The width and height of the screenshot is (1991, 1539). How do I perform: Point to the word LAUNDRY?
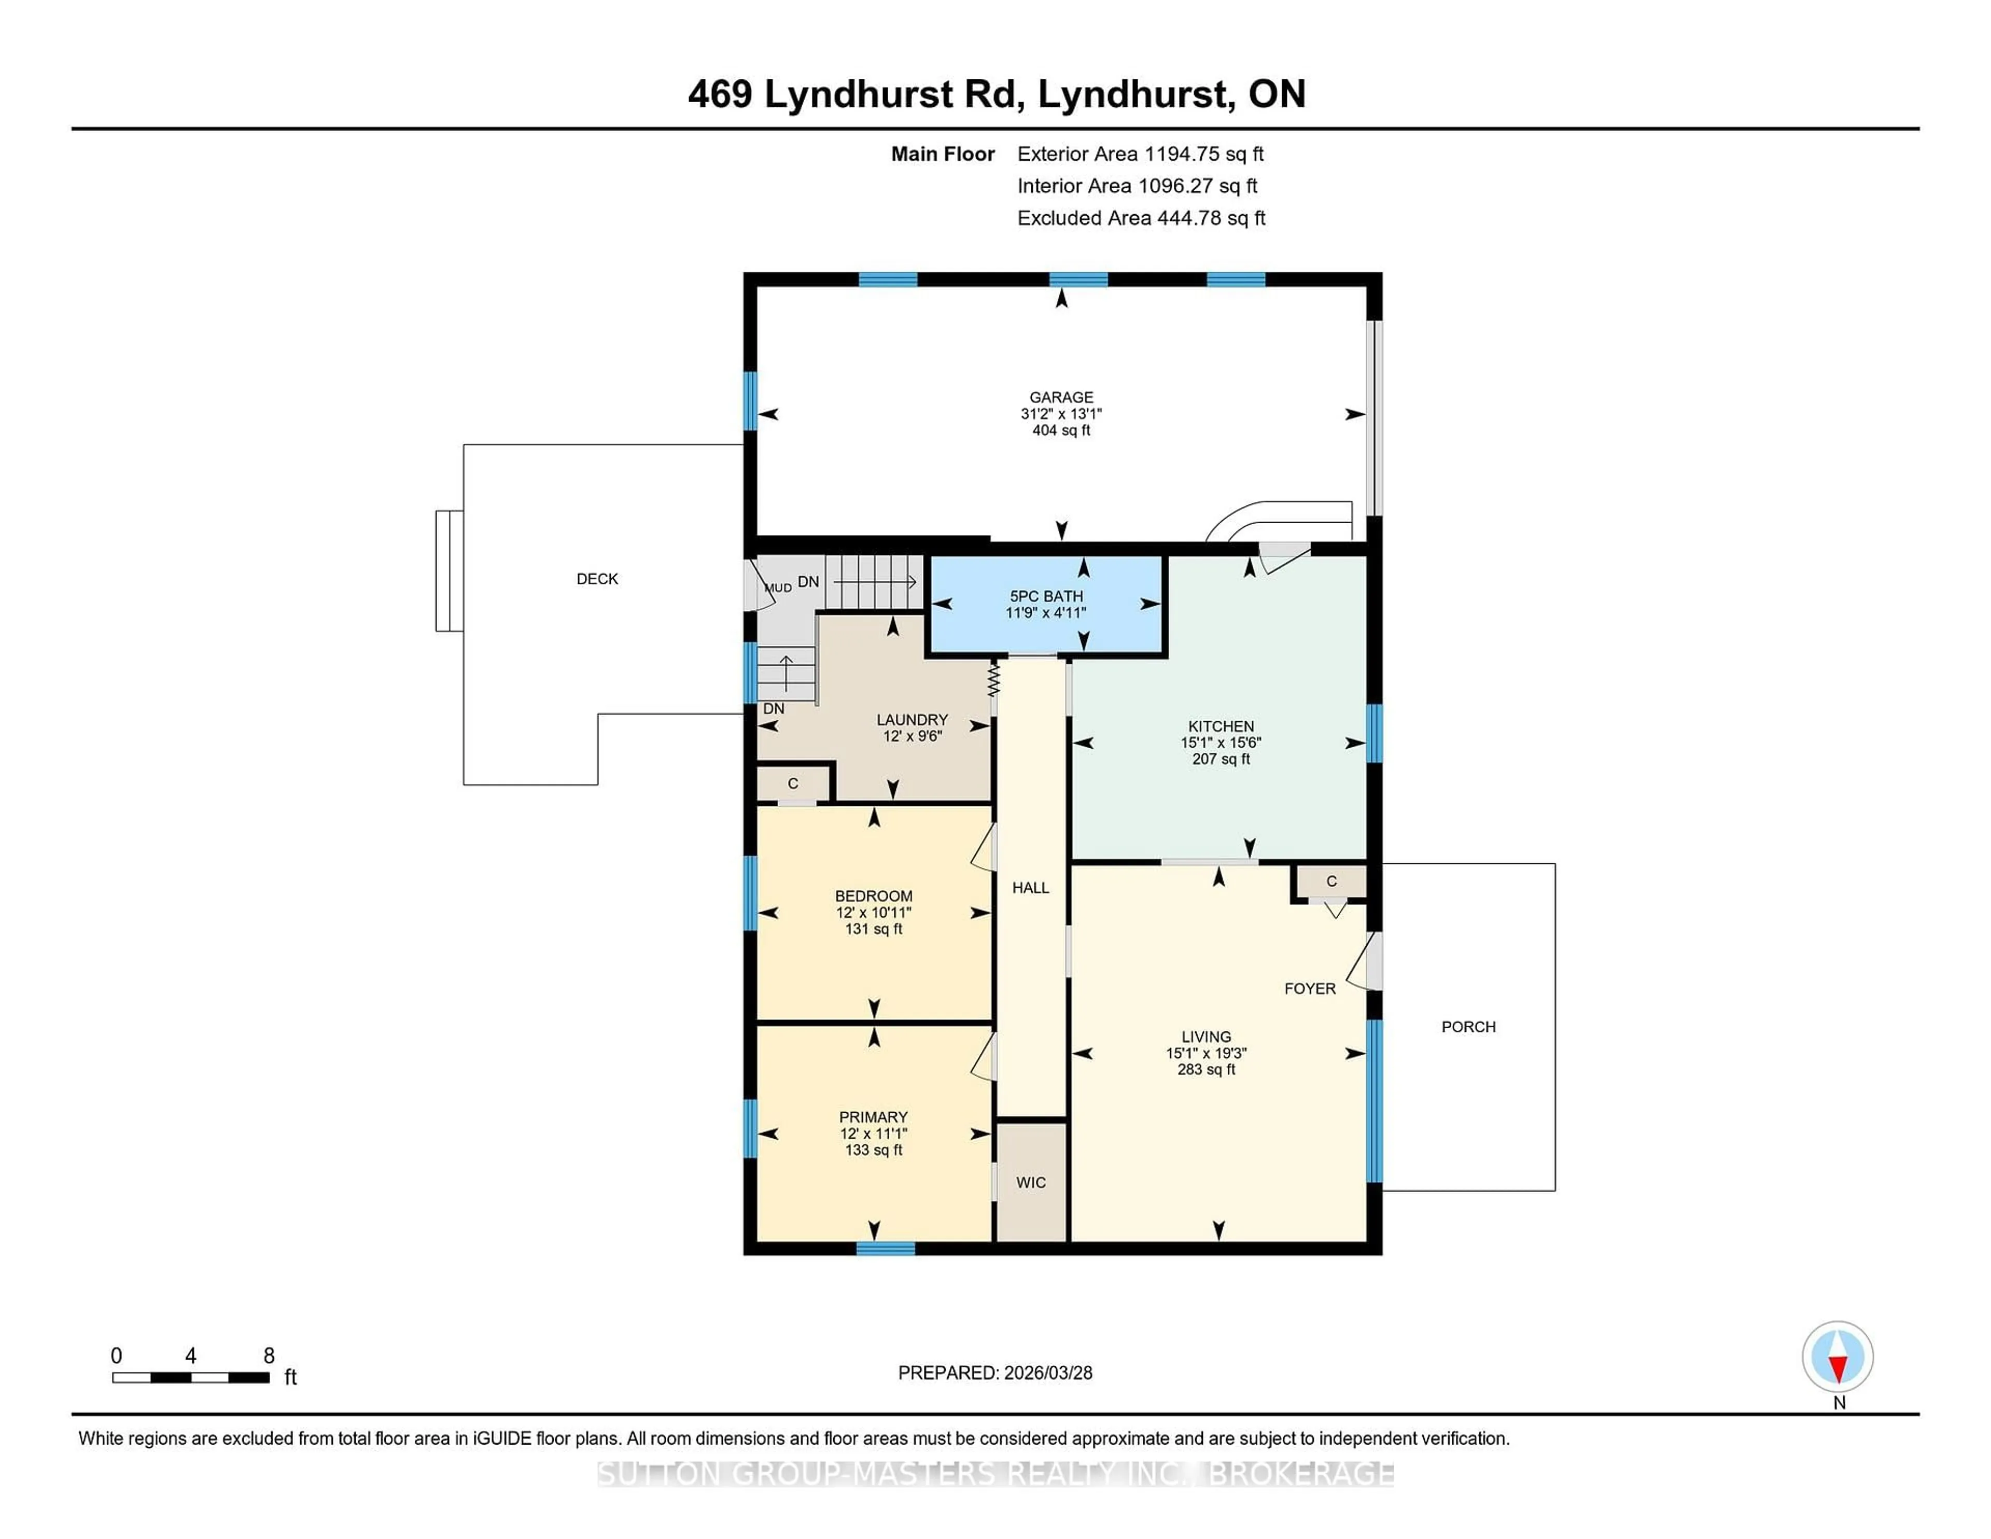click(912, 719)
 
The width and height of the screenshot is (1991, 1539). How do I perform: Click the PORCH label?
click(1468, 1027)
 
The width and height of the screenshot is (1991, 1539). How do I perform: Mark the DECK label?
click(597, 579)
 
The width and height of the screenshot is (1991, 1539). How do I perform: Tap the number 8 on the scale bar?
click(269, 1356)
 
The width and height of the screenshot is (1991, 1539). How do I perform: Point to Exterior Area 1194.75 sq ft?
click(1140, 154)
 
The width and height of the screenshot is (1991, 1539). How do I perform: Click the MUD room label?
click(778, 588)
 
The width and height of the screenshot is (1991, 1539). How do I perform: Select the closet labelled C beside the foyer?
click(1331, 882)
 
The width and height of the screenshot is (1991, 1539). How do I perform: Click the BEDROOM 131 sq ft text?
click(873, 929)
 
